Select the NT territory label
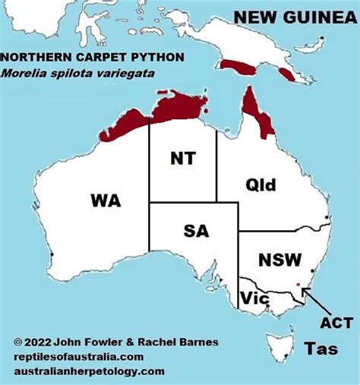pos(182,158)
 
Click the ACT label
pos(336,323)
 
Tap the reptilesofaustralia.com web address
pos(78,357)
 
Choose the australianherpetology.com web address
pos(89,371)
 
